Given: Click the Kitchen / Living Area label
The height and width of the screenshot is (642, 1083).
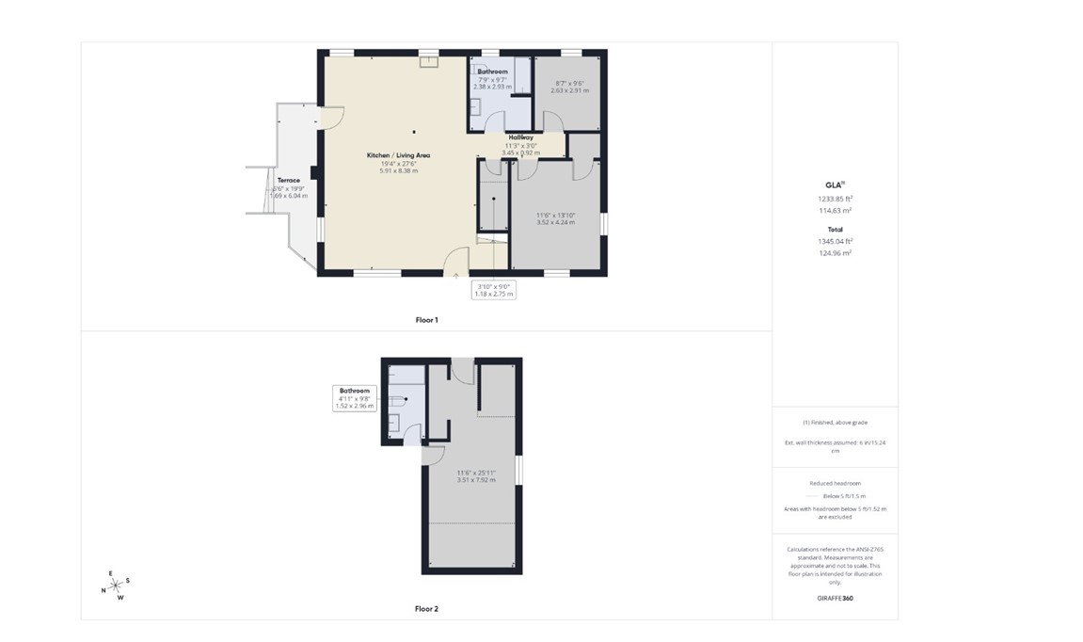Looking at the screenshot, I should (398, 154).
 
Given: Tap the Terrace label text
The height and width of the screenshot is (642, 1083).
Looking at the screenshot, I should (288, 180).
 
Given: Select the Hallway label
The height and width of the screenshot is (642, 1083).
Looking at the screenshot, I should (520, 137).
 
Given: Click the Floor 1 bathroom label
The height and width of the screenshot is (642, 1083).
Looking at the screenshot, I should (492, 72).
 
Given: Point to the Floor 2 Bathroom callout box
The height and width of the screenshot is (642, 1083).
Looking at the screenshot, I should (355, 398).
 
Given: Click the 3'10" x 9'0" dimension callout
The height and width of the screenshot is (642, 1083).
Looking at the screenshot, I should (493, 290).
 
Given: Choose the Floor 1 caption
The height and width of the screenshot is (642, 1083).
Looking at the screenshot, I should (426, 320).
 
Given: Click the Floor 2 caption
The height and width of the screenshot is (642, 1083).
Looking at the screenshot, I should (426, 609).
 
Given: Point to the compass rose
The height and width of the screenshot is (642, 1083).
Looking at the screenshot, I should (116, 586).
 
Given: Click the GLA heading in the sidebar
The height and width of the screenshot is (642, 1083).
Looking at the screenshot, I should (834, 185).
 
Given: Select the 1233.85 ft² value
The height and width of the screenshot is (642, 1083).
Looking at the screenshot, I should (835, 199).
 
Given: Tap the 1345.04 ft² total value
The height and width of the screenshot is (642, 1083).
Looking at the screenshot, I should (835, 241).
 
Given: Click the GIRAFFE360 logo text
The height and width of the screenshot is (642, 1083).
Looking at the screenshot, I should (835, 598).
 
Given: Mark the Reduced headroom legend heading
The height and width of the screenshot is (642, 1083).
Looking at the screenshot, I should (835, 483).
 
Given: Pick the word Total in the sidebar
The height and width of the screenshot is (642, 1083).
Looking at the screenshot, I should (835, 229).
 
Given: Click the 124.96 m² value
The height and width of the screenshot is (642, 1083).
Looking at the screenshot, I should (835, 253).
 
